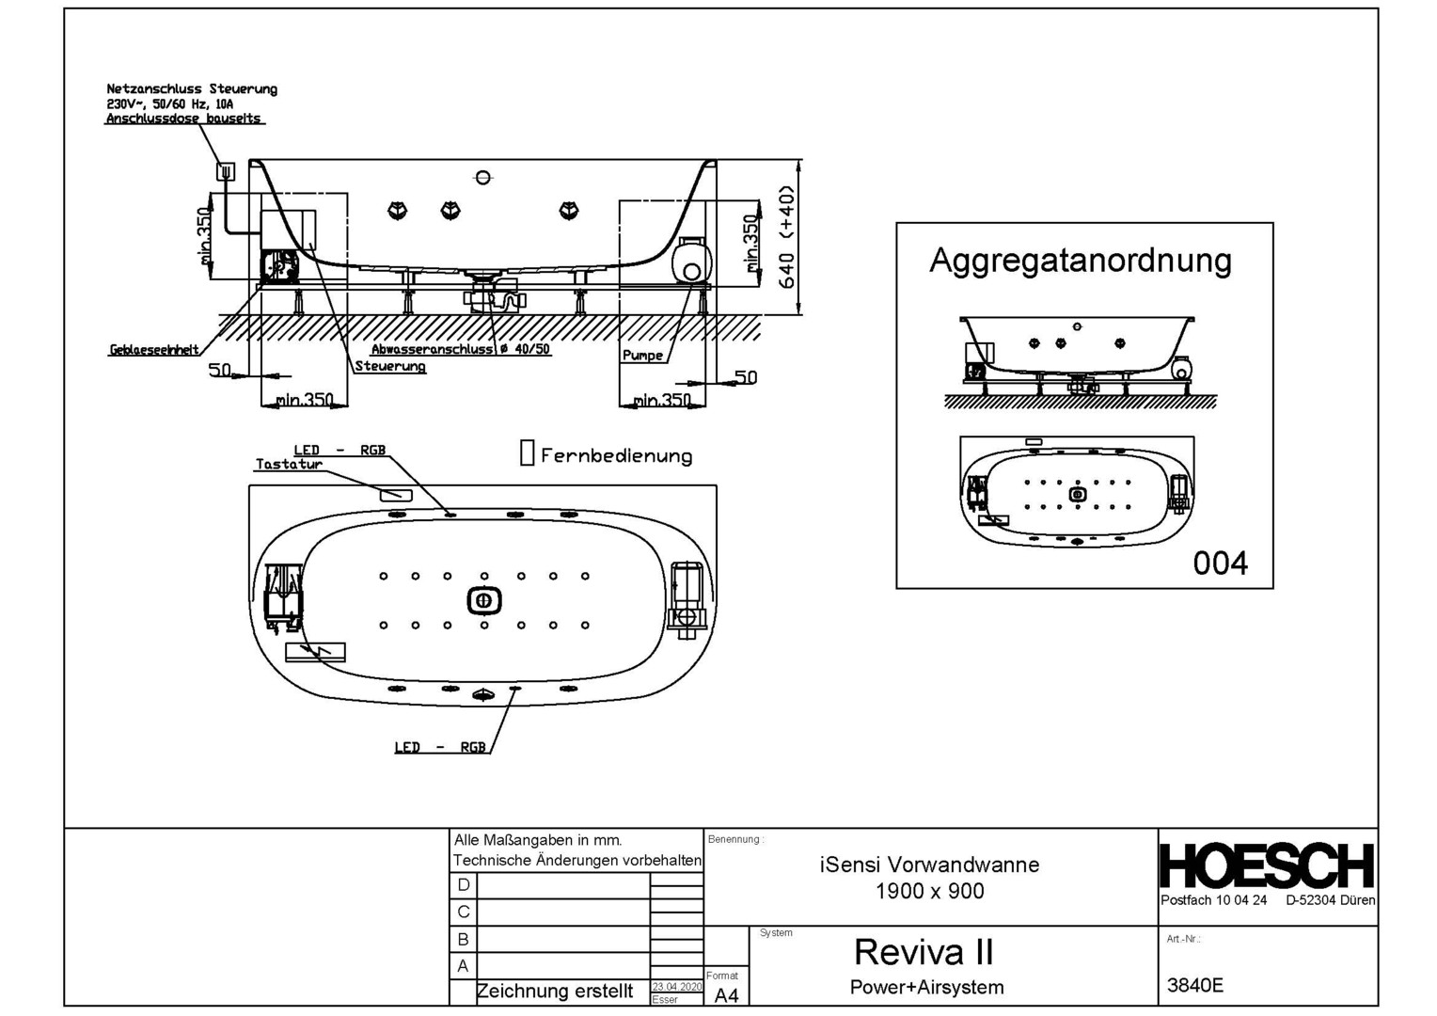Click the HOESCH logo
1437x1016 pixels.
[1267, 865]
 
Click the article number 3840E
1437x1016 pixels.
[1194, 985]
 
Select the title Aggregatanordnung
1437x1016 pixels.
[1080, 260]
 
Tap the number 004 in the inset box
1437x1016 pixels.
[1220, 563]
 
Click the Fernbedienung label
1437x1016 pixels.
[616, 456]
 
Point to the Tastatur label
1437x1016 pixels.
[289, 464]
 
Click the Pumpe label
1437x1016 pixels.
[642, 356]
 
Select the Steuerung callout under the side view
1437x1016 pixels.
[389, 366]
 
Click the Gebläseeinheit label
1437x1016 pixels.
[153, 350]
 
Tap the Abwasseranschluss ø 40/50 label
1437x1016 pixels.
[460, 349]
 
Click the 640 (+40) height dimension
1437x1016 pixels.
[788, 237]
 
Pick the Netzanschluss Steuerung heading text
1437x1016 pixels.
[192, 89]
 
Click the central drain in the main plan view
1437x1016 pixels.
[483, 600]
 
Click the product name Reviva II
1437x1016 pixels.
[923, 952]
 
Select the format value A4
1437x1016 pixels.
[726, 994]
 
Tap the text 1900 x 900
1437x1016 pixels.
[929, 891]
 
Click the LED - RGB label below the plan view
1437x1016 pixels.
[439, 747]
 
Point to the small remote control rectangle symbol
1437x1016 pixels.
[527, 452]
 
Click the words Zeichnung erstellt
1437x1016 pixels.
[555, 991]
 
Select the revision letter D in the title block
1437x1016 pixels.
[463, 885]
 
